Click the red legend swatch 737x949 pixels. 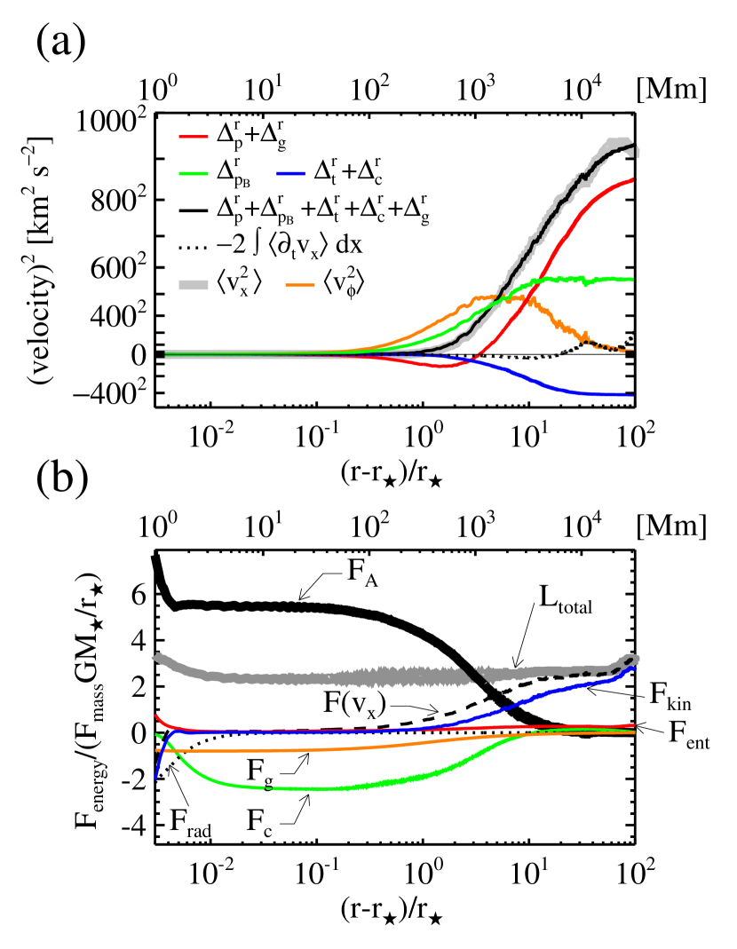pos(194,137)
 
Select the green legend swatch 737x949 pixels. pos(194,174)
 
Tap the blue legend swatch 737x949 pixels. pos(290,174)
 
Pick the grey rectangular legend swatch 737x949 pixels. pos(194,285)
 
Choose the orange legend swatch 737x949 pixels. pos(300,286)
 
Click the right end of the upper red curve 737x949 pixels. pos(631,180)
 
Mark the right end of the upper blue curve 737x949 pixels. pos(631,395)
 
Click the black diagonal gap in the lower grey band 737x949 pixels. pos(478,675)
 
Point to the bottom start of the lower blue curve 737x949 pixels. pos(156,778)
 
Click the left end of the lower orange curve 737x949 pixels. pos(157,750)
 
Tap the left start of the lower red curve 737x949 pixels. pos(156,715)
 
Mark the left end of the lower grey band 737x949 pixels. pos(156,658)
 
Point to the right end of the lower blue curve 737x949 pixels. pos(634,668)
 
